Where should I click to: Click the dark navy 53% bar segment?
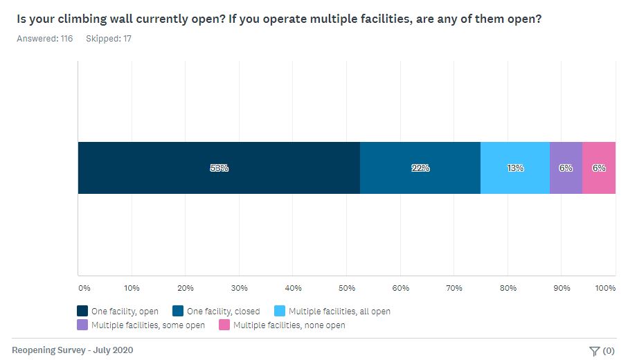pos(219,168)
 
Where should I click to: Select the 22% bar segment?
pos(420,168)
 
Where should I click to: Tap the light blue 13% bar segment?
pos(514,168)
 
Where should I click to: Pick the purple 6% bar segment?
pos(566,168)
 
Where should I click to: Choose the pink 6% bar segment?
pos(599,168)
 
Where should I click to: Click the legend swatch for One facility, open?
pos(82,312)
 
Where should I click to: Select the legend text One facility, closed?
pos(224,312)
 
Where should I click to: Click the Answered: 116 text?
pos(44,39)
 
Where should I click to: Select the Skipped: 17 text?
pos(108,39)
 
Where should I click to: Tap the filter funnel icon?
pos(594,351)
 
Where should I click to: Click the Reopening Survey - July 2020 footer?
pos(73,350)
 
